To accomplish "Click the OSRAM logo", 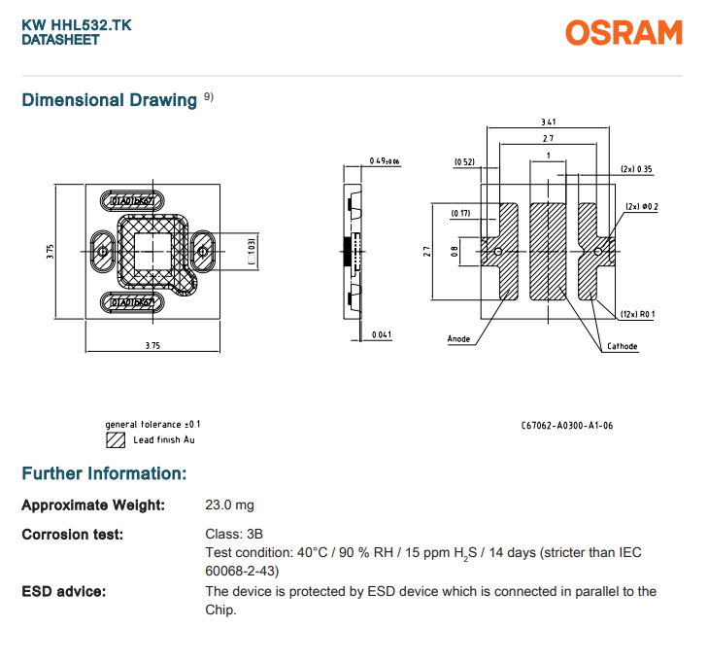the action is pos(624,32).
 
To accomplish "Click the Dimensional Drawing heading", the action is pos(110,100).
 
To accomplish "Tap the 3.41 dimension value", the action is pos(548,122).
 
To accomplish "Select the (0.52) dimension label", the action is pos(464,161).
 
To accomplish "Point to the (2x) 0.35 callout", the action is pos(637,169).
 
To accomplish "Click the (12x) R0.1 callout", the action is pos(637,314).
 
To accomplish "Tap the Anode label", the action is pos(458,339).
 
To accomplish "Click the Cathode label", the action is pos(623,346).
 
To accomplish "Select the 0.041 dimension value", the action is pos(382,334).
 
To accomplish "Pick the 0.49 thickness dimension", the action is pos(385,160).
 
